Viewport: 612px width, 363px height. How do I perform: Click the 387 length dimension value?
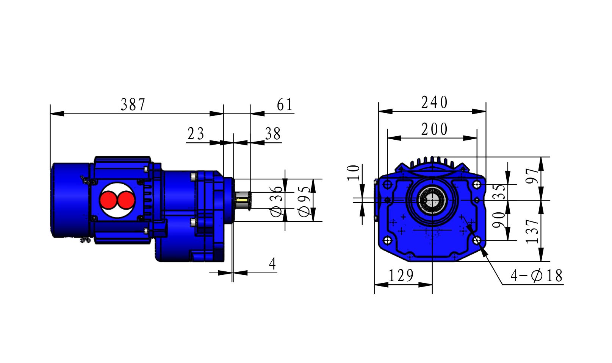(133, 105)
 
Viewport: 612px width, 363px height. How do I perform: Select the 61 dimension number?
(285, 105)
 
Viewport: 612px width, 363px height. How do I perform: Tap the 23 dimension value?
(196, 134)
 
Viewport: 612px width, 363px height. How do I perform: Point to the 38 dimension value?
(273, 134)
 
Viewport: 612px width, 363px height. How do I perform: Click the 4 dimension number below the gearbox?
(272, 264)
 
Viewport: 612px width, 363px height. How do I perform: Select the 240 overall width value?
(434, 103)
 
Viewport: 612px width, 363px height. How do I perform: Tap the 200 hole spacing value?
(434, 129)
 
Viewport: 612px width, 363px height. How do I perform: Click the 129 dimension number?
(401, 276)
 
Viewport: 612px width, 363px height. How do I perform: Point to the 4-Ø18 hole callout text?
(536, 276)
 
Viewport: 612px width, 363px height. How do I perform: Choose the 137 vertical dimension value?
(532, 231)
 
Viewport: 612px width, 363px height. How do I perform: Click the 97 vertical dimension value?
(532, 176)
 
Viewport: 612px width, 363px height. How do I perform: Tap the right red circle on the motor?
(125, 200)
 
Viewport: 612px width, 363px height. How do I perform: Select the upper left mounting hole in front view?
(387, 185)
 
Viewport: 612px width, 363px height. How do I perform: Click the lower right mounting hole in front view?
(477, 240)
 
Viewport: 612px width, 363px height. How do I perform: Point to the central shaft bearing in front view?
(432, 200)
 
